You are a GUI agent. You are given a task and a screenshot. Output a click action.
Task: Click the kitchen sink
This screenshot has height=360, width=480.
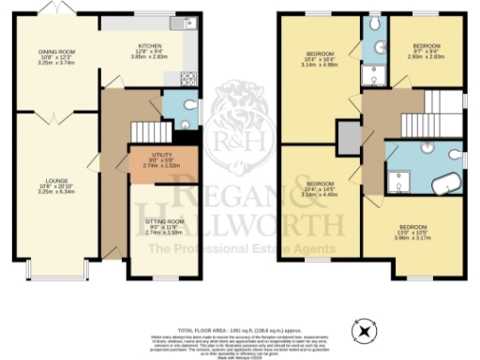click(x=177, y=22)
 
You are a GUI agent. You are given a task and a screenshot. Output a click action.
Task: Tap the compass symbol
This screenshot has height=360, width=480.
click(x=365, y=329)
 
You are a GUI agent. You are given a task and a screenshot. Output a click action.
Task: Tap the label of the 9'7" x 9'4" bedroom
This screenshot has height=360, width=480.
click(x=427, y=51)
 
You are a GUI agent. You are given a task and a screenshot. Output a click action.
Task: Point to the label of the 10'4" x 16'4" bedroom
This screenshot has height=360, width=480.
click(x=320, y=59)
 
